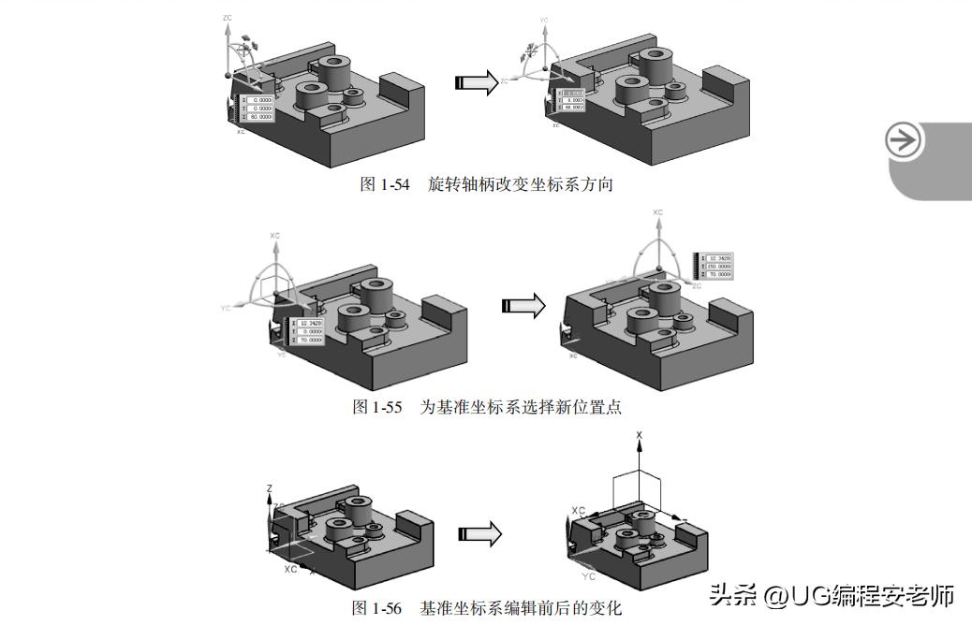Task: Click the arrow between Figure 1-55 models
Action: coord(523,306)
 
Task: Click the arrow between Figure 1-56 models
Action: coord(479,534)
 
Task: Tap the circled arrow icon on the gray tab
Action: coord(904,141)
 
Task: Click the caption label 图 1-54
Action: coord(384,184)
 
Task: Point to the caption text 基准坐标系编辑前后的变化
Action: coord(521,608)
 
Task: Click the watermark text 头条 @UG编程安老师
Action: coord(832,595)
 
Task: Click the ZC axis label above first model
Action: coord(228,18)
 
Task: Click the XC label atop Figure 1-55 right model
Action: coord(657,213)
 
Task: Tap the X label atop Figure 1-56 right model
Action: coord(639,435)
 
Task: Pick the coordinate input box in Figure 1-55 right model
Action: coord(715,266)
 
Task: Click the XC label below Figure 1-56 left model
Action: coord(290,568)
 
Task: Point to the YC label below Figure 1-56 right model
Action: coord(588,576)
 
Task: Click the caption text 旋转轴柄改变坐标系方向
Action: coord(521,184)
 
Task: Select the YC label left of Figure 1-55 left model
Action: coord(225,307)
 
